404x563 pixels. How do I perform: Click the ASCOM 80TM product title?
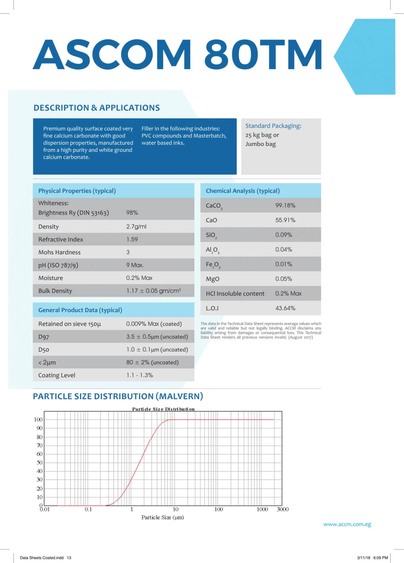coord(177,54)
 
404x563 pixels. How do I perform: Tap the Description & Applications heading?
coord(97,108)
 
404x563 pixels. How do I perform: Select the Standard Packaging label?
coord(273,126)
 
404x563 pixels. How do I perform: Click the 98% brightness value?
coord(132,213)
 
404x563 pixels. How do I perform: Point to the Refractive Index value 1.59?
coord(132,239)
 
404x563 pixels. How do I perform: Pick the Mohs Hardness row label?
coord(59,252)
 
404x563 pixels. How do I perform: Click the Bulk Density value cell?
coord(153,291)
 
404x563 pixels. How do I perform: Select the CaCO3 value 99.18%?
coord(285,205)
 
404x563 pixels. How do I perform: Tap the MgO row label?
coord(213,279)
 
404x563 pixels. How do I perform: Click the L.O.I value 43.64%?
coord(285,308)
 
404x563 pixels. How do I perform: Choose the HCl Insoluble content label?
coord(235,294)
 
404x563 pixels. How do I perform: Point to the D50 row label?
coord(44,350)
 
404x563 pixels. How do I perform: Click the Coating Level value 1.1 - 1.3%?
coord(139,375)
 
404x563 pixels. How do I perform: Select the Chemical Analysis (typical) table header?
coord(243,191)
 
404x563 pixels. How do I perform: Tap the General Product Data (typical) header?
coord(80,310)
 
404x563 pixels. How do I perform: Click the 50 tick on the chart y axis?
coord(39,462)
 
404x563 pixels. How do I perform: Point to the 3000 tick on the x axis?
coord(282,509)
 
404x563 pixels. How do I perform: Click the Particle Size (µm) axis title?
coord(163,517)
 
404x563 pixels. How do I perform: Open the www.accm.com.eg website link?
coord(347,524)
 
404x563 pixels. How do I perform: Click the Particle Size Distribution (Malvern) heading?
coord(118,396)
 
